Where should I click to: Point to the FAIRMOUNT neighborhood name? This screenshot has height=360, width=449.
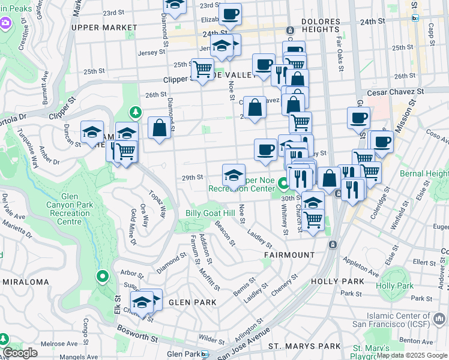[289, 255]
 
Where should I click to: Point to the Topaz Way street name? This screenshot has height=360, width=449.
[158, 205]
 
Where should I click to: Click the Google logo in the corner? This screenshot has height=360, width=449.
[20, 353]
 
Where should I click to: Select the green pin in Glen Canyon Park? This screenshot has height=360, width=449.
[102, 277]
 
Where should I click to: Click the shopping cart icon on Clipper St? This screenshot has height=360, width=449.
[202, 69]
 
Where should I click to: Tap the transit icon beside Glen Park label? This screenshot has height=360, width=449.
[204, 354]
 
